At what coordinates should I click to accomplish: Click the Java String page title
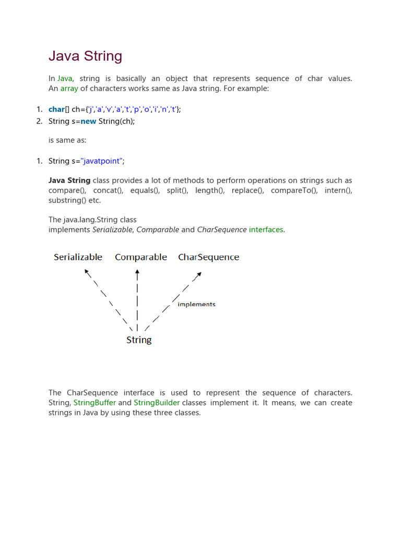click(85, 56)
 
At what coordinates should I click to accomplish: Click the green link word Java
click(65, 78)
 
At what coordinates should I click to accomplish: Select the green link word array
click(69, 89)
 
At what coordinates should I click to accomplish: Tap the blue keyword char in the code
click(56, 109)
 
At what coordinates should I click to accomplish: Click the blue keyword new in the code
click(88, 121)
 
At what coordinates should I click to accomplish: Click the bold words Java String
click(69, 180)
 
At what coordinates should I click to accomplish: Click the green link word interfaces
click(266, 229)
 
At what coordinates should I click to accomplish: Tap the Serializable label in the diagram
click(78, 257)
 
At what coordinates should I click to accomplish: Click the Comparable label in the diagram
click(141, 257)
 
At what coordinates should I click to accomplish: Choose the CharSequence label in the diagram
click(208, 257)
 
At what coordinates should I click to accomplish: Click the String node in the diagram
click(139, 340)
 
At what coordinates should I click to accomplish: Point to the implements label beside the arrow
click(196, 304)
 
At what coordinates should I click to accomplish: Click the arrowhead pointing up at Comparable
click(137, 272)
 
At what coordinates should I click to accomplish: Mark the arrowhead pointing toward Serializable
click(87, 272)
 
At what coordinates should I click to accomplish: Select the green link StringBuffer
click(95, 403)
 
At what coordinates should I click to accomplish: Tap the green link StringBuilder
click(157, 403)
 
